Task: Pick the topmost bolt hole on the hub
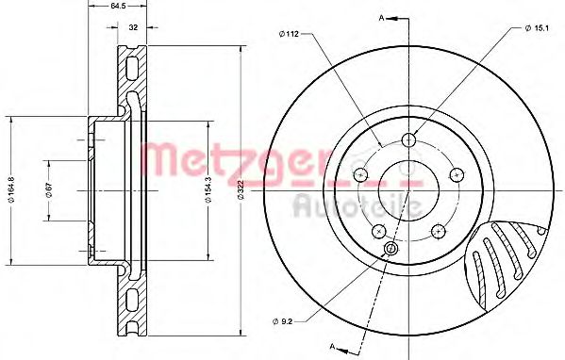pos(408,140)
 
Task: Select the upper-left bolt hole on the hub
pos(360,174)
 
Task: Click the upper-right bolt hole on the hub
pos(457,174)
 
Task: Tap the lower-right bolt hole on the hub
pos(438,231)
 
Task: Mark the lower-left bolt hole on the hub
pos(379,231)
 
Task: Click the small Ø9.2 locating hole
pos(391,249)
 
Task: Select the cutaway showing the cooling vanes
pos(509,264)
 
